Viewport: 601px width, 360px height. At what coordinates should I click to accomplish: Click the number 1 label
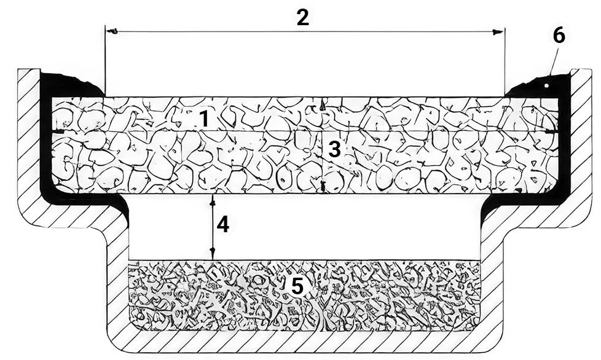pos(204,119)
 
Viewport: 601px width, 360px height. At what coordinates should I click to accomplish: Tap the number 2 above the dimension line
pos(302,17)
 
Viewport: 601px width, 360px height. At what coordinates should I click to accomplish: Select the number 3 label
pos(334,149)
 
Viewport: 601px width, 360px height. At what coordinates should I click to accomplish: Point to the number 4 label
pos(223,224)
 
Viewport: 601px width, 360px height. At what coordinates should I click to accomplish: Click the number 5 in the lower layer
pos(297,285)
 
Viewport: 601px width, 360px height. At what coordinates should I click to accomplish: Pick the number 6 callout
pos(559,36)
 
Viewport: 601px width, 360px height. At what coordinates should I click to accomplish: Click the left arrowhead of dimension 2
pos(111,31)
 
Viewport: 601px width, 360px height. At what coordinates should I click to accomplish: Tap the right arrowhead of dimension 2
pos(498,32)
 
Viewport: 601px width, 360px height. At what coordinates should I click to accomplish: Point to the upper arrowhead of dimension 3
pos(323,105)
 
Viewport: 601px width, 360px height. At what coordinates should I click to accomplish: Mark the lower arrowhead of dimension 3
pos(323,187)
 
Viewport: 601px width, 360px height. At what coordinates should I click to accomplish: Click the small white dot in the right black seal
pos(547,86)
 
